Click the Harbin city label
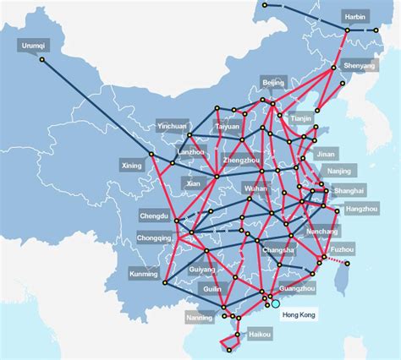point(356,17)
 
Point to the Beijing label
point(273,82)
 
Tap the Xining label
point(132,166)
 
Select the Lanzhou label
point(192,152)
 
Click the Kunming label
point(144,274)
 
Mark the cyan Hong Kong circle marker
point(275,303)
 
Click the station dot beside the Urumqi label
point(42,59)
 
